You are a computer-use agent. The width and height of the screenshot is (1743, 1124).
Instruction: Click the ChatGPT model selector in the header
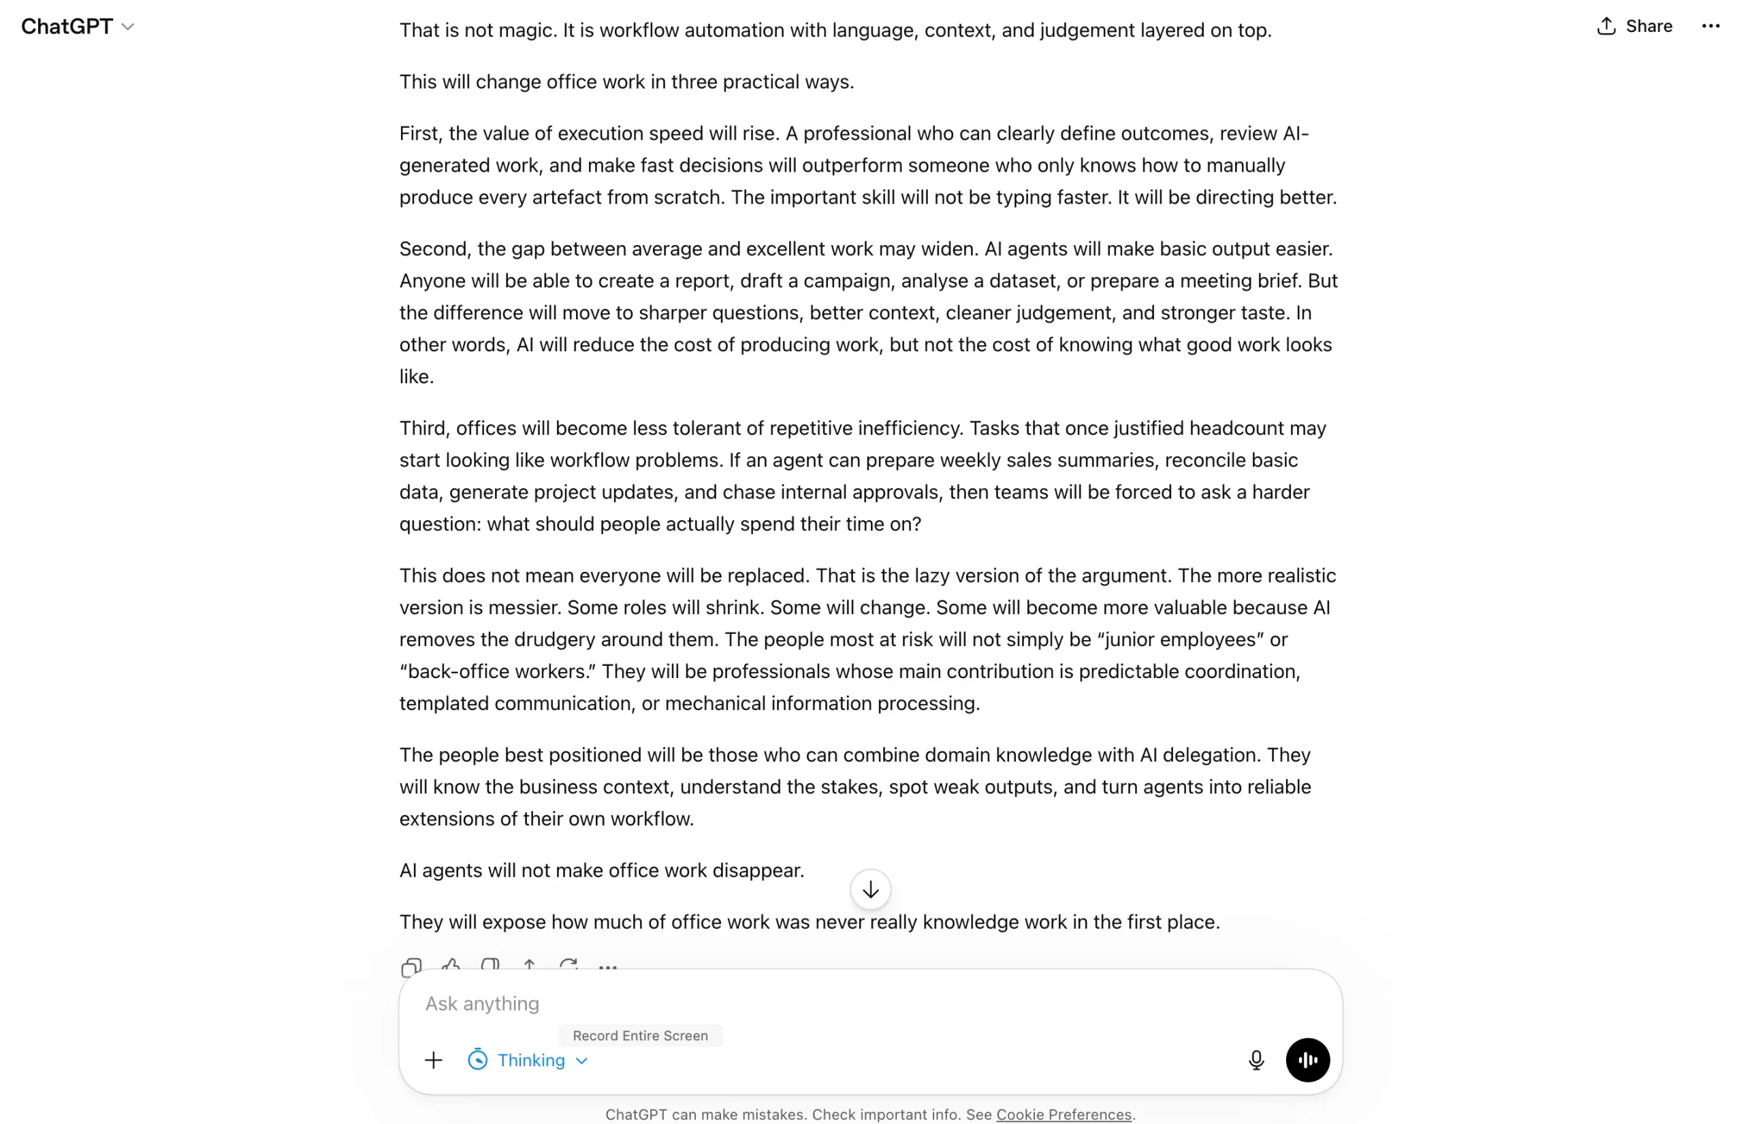coord(78,27)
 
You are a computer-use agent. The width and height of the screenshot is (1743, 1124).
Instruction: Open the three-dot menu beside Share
coord(1710,27)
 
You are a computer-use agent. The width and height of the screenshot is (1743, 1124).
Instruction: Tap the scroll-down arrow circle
coord(870,890)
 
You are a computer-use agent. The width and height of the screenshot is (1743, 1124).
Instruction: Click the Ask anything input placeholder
coord(483,1003)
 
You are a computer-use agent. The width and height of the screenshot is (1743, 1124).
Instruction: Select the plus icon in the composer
coord(434,1060)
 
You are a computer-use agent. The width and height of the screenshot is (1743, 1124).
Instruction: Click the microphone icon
coord(1256,1060)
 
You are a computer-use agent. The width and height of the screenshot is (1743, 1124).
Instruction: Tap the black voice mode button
coord(1307,1060)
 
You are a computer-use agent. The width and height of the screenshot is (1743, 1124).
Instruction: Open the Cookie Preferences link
coord(1064,1114)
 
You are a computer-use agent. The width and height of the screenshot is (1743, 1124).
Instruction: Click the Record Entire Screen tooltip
coord(640,1035)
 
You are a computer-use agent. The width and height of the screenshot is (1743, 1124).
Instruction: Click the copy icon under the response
coord(412,967)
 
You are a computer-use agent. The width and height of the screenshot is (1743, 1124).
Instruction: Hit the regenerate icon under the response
coord(569,965)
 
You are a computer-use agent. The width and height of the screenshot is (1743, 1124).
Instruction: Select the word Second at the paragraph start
coord(433,249)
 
